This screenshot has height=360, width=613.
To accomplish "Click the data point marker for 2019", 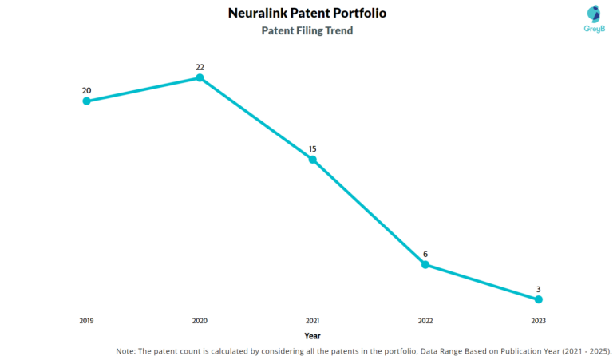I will point(86,101).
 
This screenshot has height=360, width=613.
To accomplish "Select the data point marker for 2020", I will point(200,78).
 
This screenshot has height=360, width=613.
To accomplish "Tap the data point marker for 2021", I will point(313,160).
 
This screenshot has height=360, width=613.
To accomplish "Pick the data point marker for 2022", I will point(425,264).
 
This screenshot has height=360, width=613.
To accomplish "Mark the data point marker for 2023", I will point(539,299).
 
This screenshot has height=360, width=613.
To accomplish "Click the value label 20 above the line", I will point(86,90).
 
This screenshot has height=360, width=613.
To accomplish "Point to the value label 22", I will point(200,67).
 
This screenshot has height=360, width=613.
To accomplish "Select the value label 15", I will point(313,148).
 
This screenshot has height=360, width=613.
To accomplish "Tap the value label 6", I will point(425,254).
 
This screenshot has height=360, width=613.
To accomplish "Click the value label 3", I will point(539,289).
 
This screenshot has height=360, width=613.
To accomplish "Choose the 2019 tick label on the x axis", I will point(86,320).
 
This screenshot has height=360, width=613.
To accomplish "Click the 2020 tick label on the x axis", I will point(200,320).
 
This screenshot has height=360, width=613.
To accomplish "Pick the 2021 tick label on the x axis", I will point(313,320).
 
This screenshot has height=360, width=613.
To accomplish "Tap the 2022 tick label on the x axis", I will point(425,320).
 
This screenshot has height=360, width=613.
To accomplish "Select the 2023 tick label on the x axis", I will point(539,320).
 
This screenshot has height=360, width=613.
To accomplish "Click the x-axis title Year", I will point(312,336).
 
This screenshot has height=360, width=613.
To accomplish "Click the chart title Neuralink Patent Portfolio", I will point(306,14).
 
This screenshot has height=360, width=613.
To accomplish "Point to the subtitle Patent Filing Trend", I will point(307,31).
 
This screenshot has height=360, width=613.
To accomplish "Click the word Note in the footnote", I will point(126,350).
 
